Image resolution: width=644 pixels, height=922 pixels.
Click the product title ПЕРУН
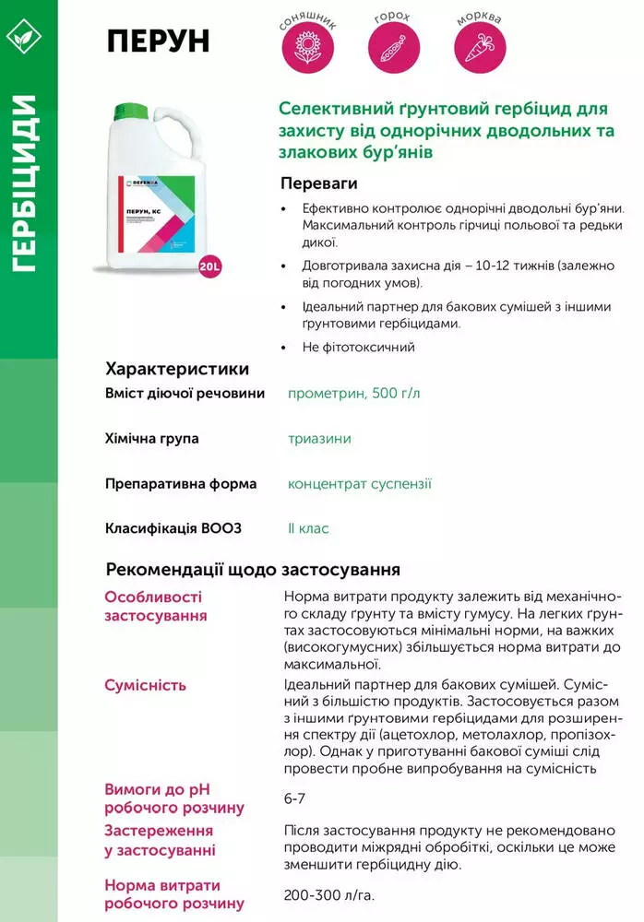click(x=158, y=41)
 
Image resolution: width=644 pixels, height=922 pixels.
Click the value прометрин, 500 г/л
click(x=353, y=394)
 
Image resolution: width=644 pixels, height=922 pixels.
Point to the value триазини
click(x=319, y=439)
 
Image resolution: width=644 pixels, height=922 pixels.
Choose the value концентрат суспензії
click(x=359, y=484)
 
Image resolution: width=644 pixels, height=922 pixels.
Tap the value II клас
click(x=308, y=529)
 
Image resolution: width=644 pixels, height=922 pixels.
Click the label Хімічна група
click(x=152, y=439)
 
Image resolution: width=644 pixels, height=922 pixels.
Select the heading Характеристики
click(x=177, y=370)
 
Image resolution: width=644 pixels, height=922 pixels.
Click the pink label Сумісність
click(x=146, y=685)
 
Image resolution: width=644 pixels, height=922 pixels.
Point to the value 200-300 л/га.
click(x=329, y=895)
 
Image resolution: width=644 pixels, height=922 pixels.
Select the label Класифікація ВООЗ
click(x=173, y=529)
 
